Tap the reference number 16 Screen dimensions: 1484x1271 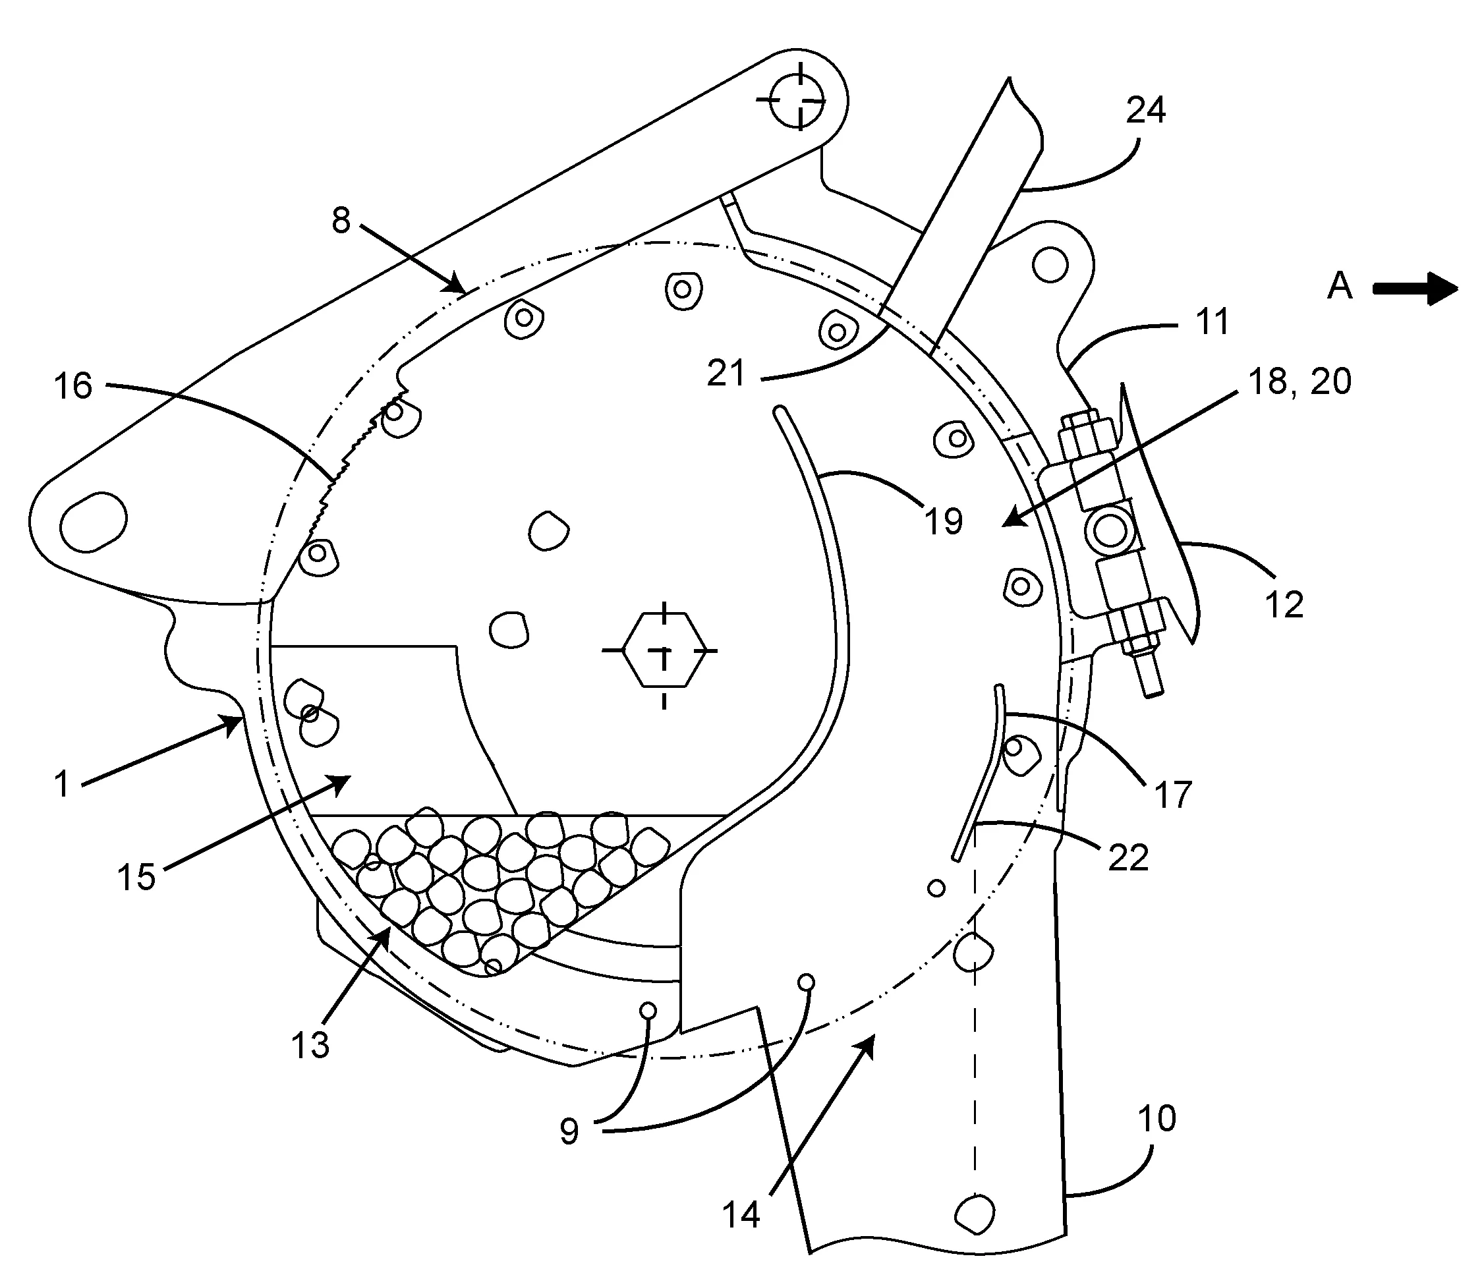(73, 387)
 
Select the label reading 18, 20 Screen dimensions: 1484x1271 (1300, 381)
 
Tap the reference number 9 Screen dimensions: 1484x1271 (569, 1132)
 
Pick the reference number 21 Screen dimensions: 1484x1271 (726, 374)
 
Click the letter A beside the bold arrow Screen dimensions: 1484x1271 (1339, 287)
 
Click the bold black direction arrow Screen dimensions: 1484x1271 (1415, 289)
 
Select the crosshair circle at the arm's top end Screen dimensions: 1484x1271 (799, 101)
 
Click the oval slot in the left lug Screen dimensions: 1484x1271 (94, 522)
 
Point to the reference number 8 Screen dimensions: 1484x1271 (341, 221)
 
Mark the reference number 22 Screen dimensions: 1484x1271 (1128, 858)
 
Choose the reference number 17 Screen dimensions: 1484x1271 (1172, 795)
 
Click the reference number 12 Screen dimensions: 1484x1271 (1284, 605)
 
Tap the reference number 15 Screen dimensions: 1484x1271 (136, 876)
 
